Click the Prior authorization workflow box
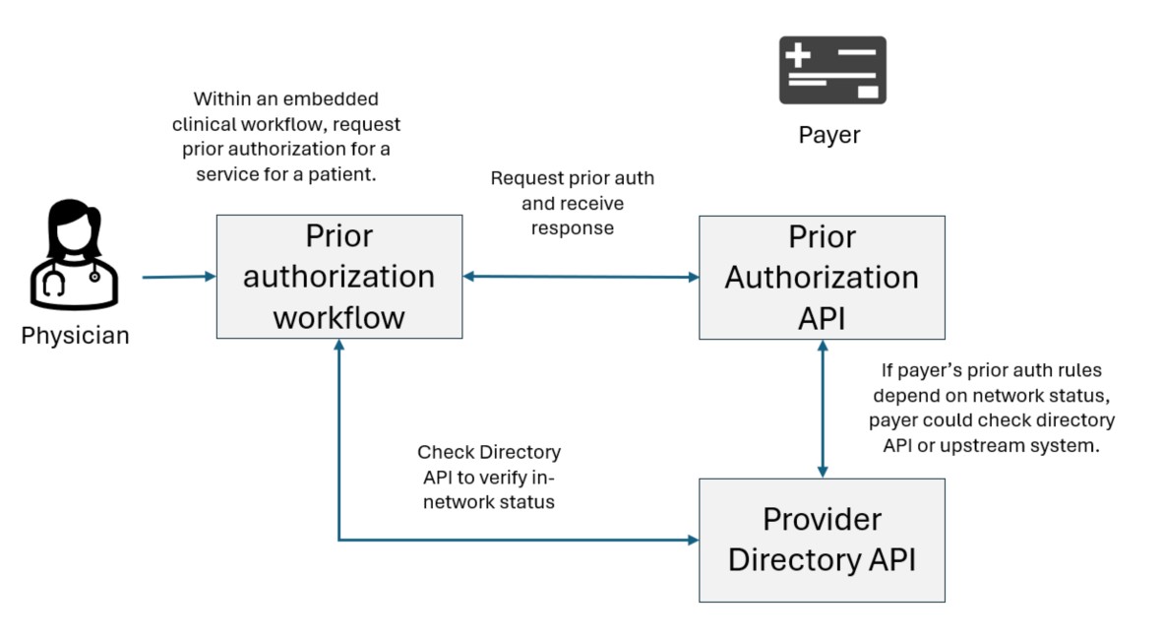[x=338, y=277]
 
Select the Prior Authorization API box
[x=822, y=277]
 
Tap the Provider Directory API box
[x=822, y=540]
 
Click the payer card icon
[x=832, y=70]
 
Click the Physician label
[x=75, y=336]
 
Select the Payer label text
[x=828, y=135]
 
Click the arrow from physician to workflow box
[x=178, y=277]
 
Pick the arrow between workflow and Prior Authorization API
[x=581, y=277]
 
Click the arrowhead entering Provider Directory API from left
[x=692, y=540]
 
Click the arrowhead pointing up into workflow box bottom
[x=338, y=346]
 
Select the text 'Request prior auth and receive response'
[x=572, y=203]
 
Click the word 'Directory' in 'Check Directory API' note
[x=519, y=452]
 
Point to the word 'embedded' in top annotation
[x=332, y=99]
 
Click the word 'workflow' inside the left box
[x=338, y=317]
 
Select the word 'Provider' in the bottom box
[x=822, y=519]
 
